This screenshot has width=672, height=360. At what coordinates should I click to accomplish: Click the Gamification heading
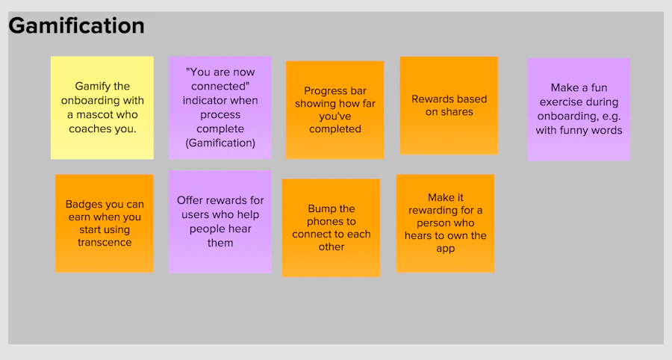[x=76, y=26]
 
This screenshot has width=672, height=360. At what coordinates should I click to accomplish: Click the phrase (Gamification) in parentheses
[x=220, y=143]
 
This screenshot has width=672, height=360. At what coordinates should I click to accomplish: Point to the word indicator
[x=202, y=101]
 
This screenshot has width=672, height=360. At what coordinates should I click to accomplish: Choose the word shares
[x=458, y=112]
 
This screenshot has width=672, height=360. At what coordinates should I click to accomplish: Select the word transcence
[x=105, y=243]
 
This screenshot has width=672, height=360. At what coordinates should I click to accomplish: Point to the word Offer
[x=189, y=201]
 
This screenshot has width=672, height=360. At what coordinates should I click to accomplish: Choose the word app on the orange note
[x=445, y=249]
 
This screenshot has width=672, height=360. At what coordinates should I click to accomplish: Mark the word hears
[x=418, y=236]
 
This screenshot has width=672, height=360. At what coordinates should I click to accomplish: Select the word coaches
[x=87, y=129]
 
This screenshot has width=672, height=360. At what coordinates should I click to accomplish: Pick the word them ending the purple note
[x=220, y=243]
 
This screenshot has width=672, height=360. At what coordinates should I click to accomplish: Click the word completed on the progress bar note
[x=335, y=129]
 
